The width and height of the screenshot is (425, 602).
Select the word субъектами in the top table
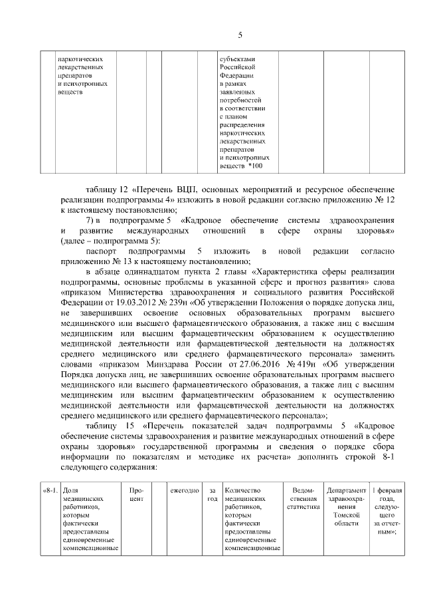(x=237, y=58)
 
